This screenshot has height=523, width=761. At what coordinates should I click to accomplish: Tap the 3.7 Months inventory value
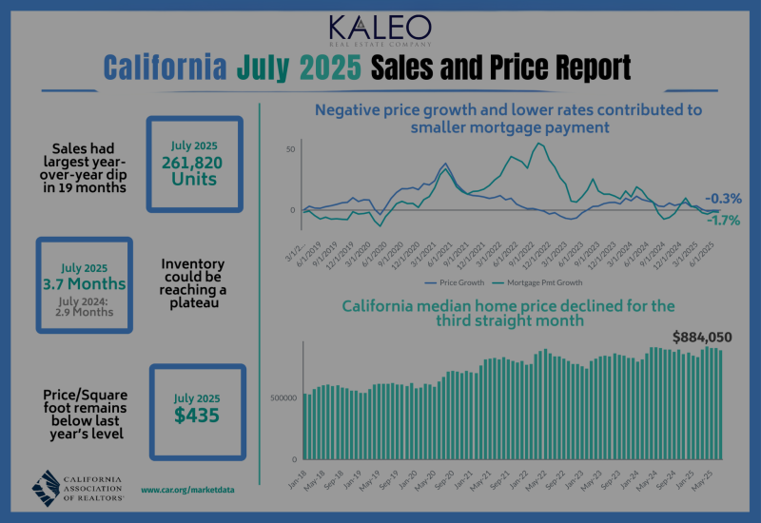click(x=85, y=283)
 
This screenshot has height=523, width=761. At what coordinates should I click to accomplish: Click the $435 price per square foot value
click(x=197, y=415)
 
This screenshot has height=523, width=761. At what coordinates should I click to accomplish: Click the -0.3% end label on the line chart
click(x=725, y=199)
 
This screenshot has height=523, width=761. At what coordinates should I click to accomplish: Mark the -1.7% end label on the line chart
click(x=725, y=220)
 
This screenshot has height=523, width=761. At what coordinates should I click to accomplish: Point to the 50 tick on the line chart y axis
click(x=290, y=149)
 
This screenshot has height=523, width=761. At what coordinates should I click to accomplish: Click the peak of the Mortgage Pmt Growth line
click(x=540, y=144)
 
